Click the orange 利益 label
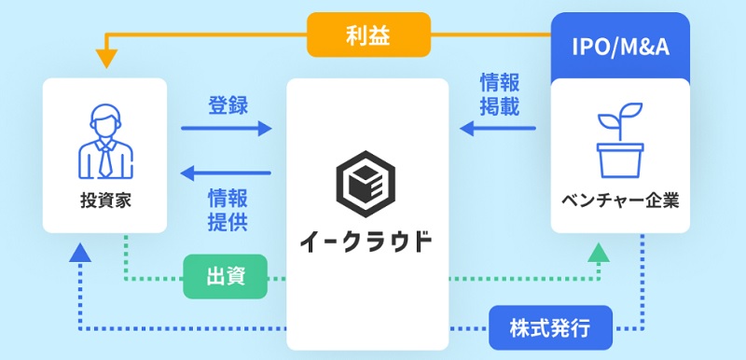tap(369, 35)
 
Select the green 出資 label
tap(225, 277)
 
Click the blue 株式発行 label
tap(550, 328)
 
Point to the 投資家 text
tap(104, 200)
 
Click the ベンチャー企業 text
tap(620, 200)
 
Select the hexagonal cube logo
tap(366, 183)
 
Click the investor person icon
tap(104, 142)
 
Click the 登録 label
tap(227, 104)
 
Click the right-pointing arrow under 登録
tap(227, 130)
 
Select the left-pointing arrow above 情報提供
tap(227, 173)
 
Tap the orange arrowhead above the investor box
tap(106, 61)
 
